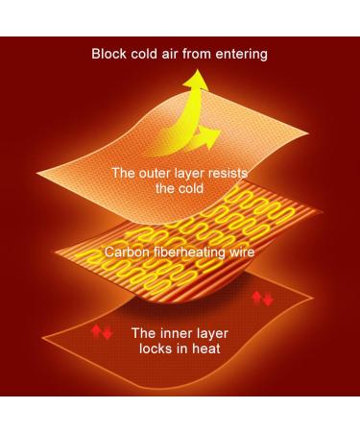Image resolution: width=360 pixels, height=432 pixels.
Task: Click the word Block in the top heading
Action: tap(110, 54)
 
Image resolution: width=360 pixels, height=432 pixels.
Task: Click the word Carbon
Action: tap(127, 252)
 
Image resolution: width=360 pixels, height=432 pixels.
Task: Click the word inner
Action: tap(177, 333)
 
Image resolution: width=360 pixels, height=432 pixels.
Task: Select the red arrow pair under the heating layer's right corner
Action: tap(261, 299)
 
